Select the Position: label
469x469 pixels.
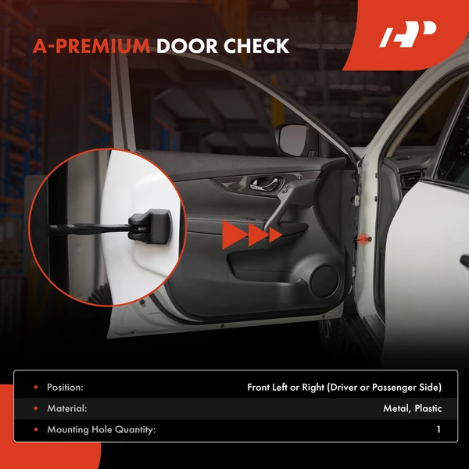click(x=65, y=387)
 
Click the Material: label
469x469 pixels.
click(x=66, y=408)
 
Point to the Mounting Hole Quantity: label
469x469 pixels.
click(x=102, y=429)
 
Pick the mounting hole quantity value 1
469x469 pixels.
click(x=439, y=429)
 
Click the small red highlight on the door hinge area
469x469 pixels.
click(x=366, y=235)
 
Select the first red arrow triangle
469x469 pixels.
click(x=231, y=233)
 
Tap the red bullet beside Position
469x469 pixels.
click(x=34, y=387)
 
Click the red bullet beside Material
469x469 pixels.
click(x=34, y=408)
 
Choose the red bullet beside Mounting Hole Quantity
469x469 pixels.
click(x=34, y=429)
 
